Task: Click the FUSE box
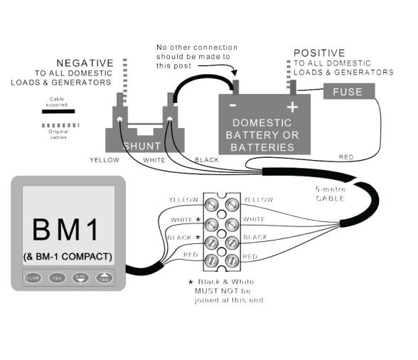(347, 92)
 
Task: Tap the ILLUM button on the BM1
(33, 277)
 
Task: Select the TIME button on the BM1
(104, 277)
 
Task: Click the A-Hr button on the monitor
(80, 277)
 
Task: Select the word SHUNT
(142, 145)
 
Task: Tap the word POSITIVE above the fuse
(318, 53)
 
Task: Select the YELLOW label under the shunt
(104, 160)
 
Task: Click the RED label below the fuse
(346, 157)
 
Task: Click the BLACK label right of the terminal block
(255, 236)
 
